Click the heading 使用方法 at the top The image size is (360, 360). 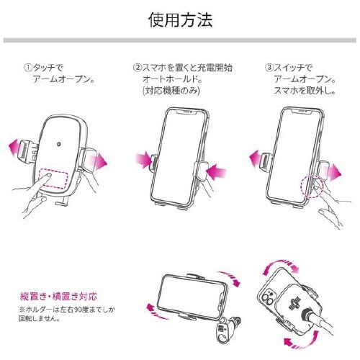pos(180,19)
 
